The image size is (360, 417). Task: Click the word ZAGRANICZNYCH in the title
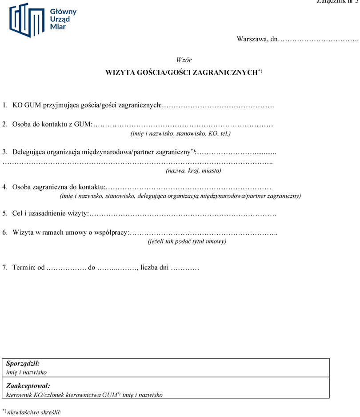226,72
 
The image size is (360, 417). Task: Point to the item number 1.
4,105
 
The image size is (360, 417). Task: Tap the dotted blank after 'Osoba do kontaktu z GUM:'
183,124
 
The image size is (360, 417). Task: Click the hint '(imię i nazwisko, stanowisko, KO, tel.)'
180,133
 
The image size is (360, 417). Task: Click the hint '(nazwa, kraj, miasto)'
193,170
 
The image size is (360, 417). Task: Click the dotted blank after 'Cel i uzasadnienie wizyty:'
183,214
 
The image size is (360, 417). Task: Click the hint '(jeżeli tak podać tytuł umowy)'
187,241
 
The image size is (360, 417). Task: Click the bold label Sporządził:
23,364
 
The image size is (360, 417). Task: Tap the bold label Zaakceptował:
28,385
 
